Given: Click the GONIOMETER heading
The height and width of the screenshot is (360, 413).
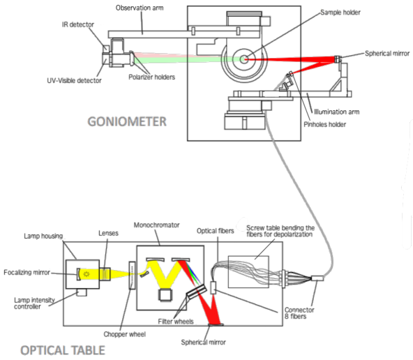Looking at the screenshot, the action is pos(127,121).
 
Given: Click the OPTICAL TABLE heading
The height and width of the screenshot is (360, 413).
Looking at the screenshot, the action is pos(63,350).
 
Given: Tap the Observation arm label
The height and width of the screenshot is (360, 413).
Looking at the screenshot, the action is pos(140,8).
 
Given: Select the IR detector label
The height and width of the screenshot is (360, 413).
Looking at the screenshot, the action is pos(78,24).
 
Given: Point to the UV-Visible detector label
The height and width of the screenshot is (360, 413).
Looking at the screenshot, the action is pos(74,81).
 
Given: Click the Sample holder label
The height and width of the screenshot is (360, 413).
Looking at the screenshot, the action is pos(340,13).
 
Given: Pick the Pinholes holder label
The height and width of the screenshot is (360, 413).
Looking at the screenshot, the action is pos(325,124).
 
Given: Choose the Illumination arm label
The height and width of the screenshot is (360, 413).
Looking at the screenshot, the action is pos(337,112).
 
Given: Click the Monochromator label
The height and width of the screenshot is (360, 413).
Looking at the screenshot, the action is pos(156,225).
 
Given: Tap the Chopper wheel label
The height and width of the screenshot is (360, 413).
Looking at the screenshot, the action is pos(125,334).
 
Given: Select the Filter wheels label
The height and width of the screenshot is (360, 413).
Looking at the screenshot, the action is pos(176,322).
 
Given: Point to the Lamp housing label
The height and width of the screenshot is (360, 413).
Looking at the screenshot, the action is pos(43,236).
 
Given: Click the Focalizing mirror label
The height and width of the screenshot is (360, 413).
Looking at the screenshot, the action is pos(27,272).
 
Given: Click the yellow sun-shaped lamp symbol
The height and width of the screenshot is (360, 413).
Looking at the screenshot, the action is pos(87,274).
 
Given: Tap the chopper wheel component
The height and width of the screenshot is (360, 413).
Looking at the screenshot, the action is pos(132,275).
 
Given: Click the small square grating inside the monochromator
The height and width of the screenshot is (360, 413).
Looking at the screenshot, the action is pos(165,295).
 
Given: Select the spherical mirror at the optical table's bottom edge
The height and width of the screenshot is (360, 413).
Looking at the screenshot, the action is pos(216,324).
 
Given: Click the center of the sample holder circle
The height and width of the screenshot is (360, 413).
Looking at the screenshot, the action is pos(244,59).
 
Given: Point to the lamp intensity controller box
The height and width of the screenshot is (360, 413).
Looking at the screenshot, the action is pos(82,292).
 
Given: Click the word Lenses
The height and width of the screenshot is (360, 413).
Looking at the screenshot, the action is pos(108,233).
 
